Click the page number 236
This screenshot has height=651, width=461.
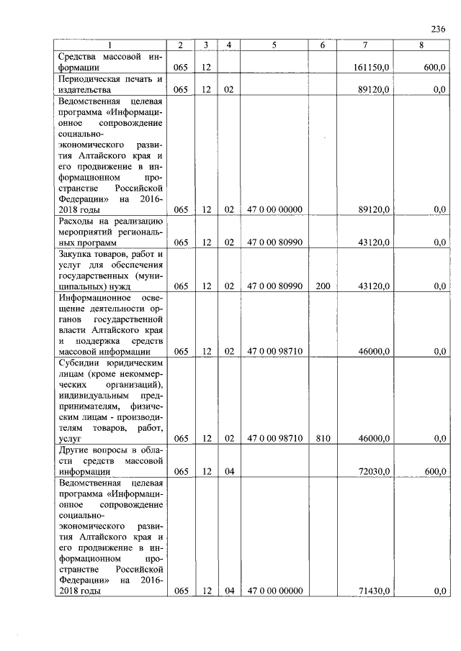click(437, 29)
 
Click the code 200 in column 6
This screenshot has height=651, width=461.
click(323, 286)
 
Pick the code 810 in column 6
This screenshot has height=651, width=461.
click(323, 437)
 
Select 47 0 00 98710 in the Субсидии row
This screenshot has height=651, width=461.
click(274, 437)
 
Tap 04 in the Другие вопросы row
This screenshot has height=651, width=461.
click(229, 471)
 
